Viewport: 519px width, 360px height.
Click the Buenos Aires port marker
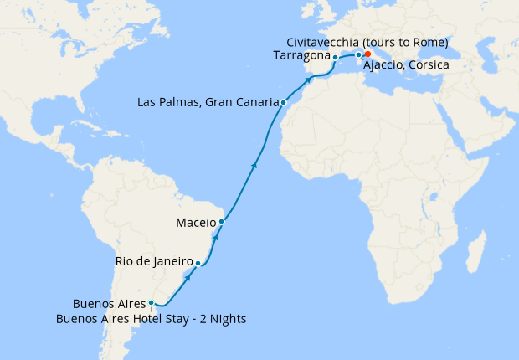coord(151,303)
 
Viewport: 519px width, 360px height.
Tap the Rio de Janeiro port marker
coord(198,263)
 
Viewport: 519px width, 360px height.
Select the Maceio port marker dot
coord(221,222)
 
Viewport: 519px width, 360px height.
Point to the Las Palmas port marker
coord(284,103)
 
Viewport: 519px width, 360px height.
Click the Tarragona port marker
coord(335,58)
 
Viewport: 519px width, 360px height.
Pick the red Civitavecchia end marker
coord(367,54)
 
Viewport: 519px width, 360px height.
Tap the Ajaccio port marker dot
coord(358,55)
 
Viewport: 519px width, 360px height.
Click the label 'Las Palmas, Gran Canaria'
coord(207,103)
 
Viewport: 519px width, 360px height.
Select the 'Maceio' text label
coord(196,223)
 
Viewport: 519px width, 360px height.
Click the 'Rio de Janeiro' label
coord(153,263)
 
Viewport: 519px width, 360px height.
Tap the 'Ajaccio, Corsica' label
coord(406,65)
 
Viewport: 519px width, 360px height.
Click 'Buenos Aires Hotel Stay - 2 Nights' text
coord(151,318)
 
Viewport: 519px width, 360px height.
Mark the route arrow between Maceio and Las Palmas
coord(253,167)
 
